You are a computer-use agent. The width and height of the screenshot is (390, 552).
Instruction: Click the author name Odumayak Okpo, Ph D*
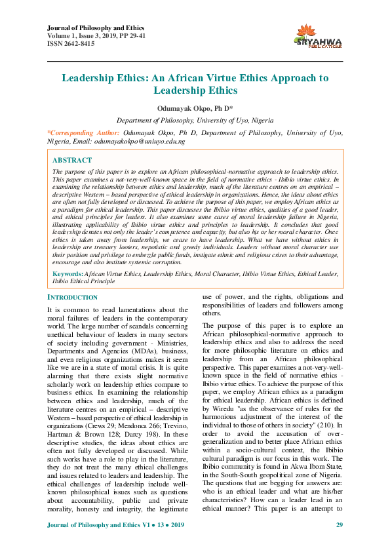(195, 107)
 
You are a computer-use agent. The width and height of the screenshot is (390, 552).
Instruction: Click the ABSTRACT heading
(72, 160)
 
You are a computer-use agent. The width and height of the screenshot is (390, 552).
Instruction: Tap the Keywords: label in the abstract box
(68, 273)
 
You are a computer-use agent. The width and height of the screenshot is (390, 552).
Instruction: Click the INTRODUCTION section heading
(73, 297)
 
